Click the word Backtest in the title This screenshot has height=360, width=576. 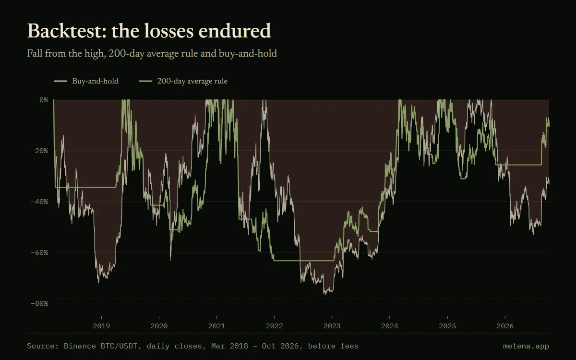pos(67,31)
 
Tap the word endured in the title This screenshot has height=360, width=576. pos(235,31)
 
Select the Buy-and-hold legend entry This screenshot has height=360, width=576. pos(86,81)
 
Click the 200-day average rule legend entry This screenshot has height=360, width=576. pos(183,81)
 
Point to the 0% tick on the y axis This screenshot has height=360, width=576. pos(44,100)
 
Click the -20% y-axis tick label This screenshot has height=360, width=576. pos(39,151)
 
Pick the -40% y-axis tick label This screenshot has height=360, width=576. pos(39,202)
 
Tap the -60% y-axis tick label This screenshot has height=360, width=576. pos(39,252)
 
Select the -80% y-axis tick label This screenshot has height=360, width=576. pos(39,303)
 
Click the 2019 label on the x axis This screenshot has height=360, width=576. pos(101,326)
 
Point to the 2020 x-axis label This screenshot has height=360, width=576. pos(159,326)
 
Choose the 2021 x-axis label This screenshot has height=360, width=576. pos(217,326)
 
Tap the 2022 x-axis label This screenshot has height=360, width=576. pos(275,326)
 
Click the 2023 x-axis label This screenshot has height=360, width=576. pos(332,326)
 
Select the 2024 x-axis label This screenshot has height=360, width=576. pos(390,326)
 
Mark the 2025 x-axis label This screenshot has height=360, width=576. pos(447,326)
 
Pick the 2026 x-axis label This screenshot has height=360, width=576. pos(505,326)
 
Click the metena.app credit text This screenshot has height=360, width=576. pos(526,346)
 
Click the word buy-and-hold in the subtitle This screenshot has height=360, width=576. pos(248,53)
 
